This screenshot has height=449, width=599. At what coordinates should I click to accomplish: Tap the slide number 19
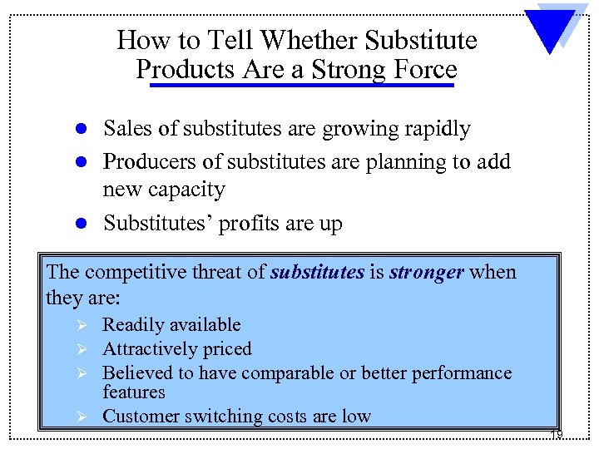click(556, 435)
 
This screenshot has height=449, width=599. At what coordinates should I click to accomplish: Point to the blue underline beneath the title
click(296, 84)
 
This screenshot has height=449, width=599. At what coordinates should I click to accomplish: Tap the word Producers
click(145, 161)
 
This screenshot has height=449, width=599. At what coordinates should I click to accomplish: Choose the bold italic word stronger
click(426, 273)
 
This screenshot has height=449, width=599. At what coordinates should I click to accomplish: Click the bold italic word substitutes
click(317, 273)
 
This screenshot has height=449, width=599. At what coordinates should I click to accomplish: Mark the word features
click(133, 392)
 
